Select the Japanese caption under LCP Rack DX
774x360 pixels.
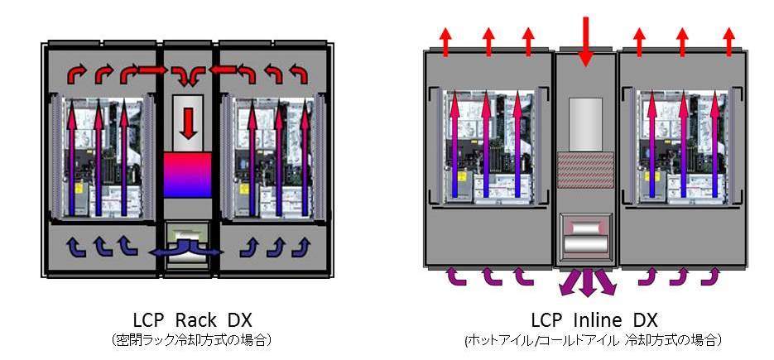click(190, 339)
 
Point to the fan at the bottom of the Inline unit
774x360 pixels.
click(586, 238)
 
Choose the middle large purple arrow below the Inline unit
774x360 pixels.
click(587, 282)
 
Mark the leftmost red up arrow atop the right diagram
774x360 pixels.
click(445, 41)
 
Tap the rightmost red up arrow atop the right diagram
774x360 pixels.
click(728, 41)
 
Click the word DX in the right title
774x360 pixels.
click(644, 320)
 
